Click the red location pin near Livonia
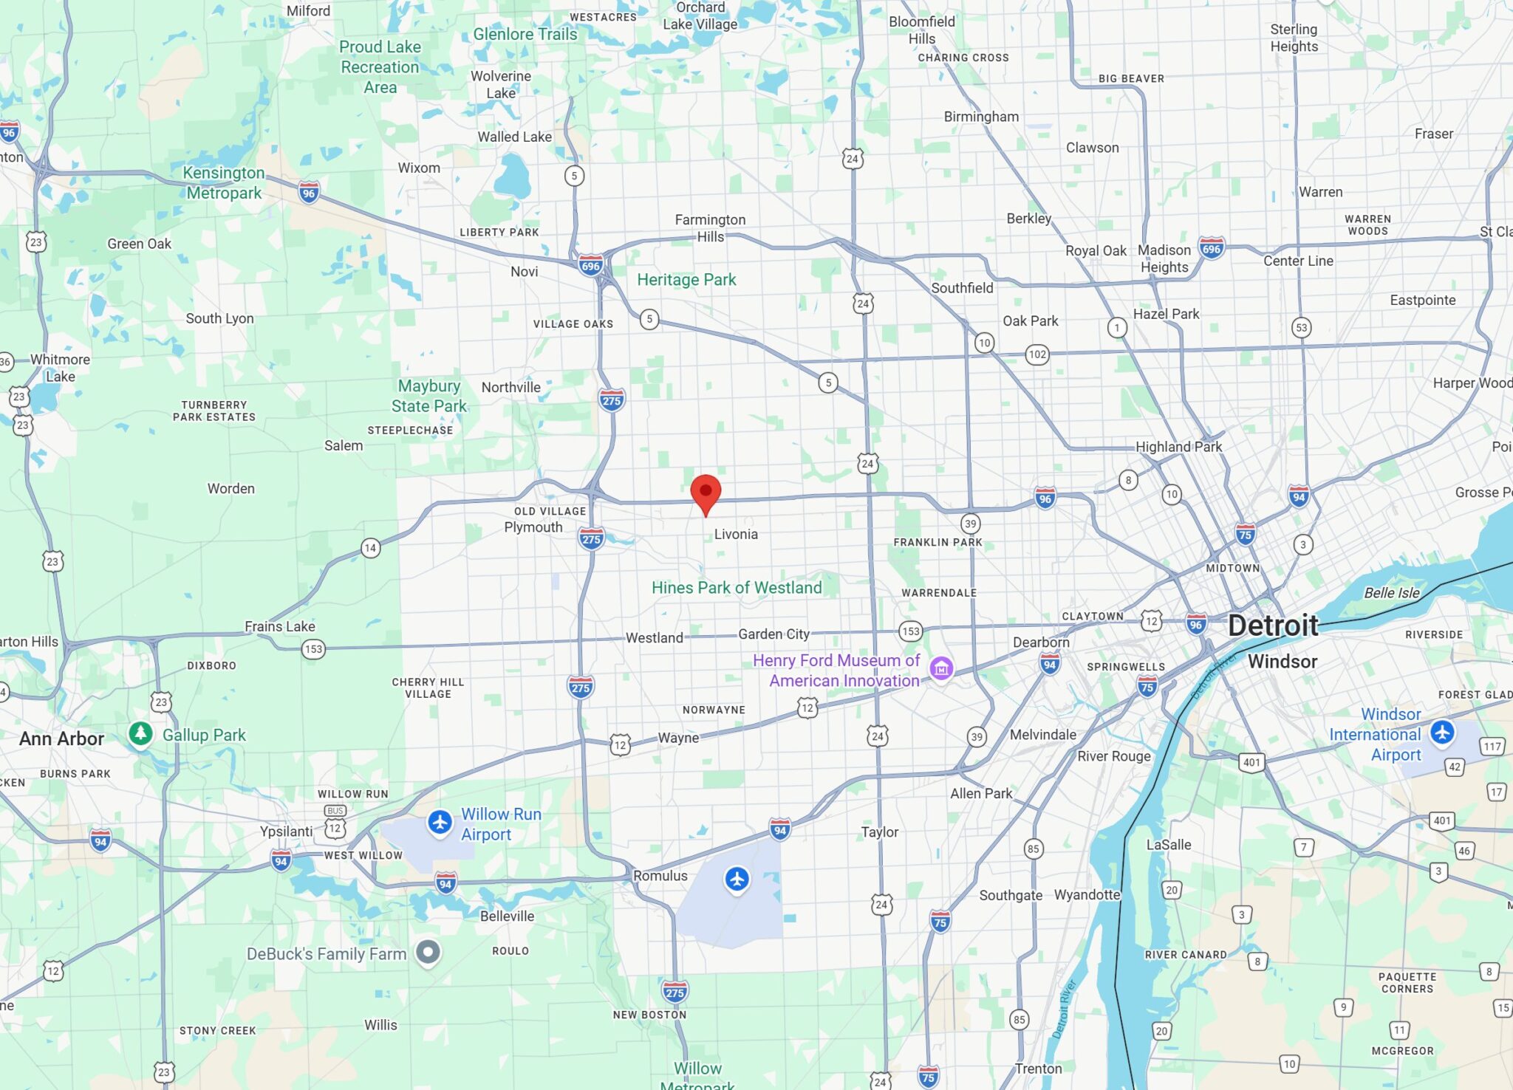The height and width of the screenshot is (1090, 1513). point(706,493)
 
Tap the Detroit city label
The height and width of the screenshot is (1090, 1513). point(1273,625)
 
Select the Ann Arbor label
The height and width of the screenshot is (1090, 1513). point(61,738)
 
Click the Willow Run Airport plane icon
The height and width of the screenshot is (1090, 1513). point(440,822)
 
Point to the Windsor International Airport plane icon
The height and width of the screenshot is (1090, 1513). point(1442,733)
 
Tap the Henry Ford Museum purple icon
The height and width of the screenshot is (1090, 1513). point(940,668)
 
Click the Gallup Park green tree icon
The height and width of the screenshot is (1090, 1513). point(140,733)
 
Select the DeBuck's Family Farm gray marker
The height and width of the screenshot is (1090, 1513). point(428,952)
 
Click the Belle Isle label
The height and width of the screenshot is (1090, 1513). point(1391,593)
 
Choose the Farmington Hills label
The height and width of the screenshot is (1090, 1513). point(710,228)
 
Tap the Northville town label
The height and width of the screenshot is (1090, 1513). point(510,388)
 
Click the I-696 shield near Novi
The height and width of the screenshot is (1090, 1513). point(590,266)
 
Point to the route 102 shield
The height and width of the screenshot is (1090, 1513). point(1037,354)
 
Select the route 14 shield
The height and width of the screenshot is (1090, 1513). point(370,548)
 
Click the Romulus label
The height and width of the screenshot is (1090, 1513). point(660,876)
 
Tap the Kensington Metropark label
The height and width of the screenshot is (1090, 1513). point(224,182)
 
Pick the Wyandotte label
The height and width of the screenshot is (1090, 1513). point(1087,895)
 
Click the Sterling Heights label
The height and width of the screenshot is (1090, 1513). point(1294,38)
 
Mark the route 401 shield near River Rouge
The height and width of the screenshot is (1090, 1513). point(1251,762)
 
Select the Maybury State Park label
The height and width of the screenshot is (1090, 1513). point(429,396)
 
